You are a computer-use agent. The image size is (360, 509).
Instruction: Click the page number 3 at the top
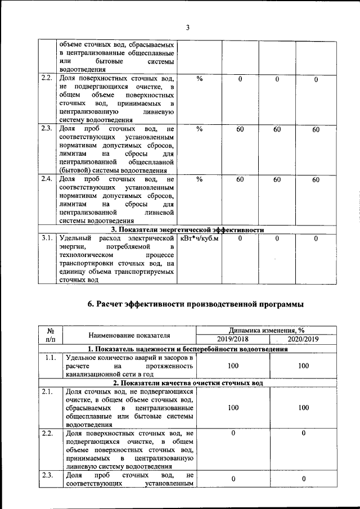pyautogui.click(x=188, y=28)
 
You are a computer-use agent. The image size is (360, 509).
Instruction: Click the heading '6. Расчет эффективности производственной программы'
pyautogui.click(x=195, y=304)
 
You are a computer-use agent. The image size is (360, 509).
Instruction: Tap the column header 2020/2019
pyautogui.click(x=303, y=339)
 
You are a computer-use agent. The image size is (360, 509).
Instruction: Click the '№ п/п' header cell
pyautogui.click(x=50, y=335)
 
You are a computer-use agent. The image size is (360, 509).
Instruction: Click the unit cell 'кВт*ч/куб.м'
pyautogui.click(x=198, y=238)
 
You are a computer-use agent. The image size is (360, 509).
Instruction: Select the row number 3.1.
pyautogui.click(x=47, y=238)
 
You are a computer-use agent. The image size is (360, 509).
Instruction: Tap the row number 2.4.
pyautogui.click(x=47, y=179)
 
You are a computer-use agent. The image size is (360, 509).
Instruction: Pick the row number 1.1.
pyautogui.click(x=50, y=358)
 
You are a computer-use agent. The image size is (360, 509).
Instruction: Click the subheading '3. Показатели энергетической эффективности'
pyautogui.click(x=187, y=229)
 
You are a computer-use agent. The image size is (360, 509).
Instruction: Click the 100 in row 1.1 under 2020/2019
pyautogui.click(x=303, y=366)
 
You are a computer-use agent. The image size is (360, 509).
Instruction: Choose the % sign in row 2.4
pyautogui.click(x=199, y=179)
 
